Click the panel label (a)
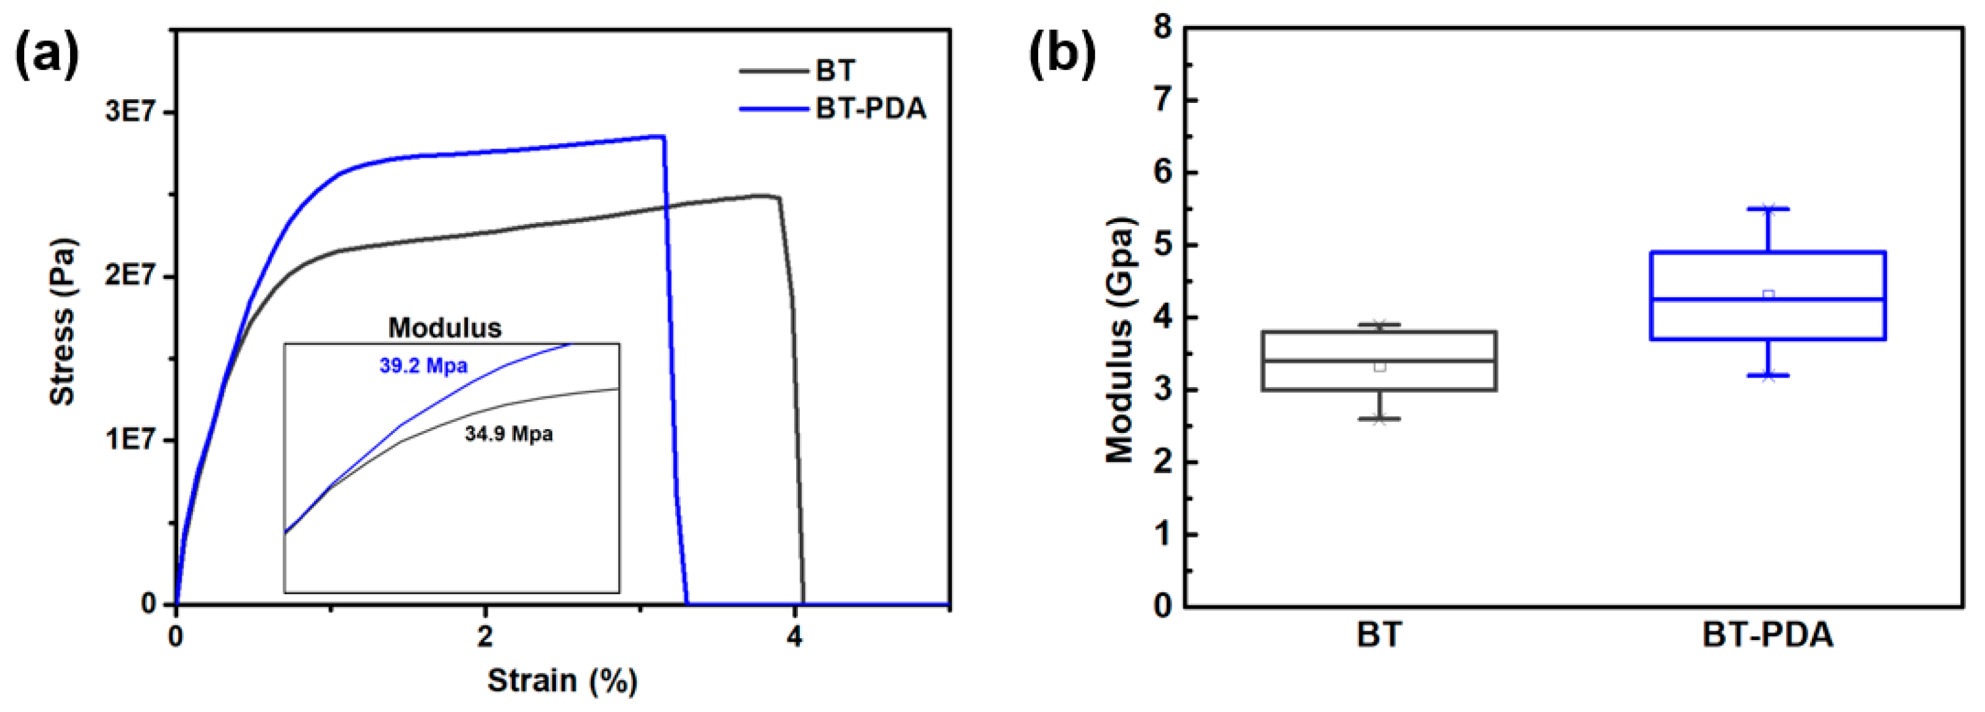pos(47,55)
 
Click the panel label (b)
pos(1062,55)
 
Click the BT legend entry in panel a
pos(835,71)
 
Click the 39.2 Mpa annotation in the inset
pos(423,365)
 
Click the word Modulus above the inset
pos(445,328)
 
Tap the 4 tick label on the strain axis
pos(794,637)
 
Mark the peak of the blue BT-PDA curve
pos(661,136)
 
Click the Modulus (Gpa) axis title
pos(1119,340)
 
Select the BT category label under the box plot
pos(1379,636)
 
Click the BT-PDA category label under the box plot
pos(1767,636)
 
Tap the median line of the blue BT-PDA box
pos(1767,299)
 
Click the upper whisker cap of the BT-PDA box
pos(1767,209)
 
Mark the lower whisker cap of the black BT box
pos(1379,419)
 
